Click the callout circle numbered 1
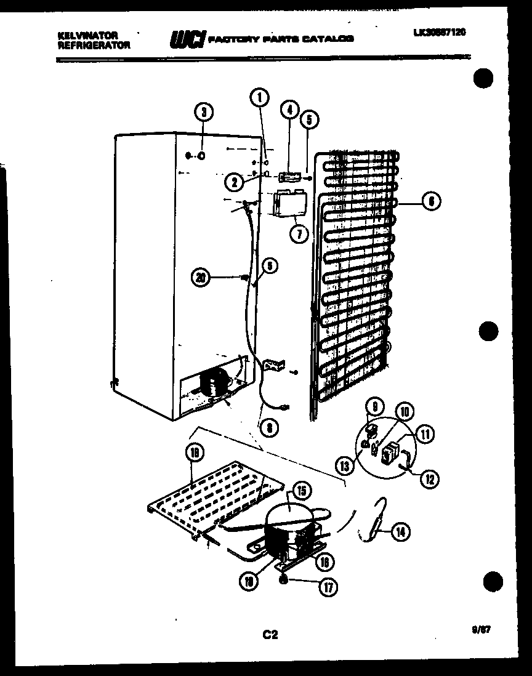point(260,96)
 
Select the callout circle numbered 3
point(204,111)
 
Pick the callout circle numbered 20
point(199,278)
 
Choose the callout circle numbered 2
point(232,181)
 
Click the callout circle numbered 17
point(328,587)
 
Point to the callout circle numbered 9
point(375,406)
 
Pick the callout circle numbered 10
point(405,412)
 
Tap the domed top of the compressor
point(288,511)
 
